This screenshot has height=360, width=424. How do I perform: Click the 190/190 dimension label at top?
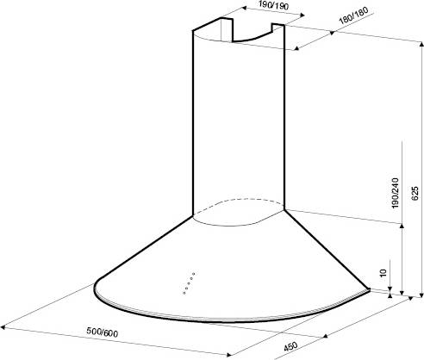click(x=273, y=5)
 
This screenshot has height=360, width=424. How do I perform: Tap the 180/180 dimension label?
click(x=353, y=16)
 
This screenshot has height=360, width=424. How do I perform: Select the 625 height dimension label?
click(x=415, y=193)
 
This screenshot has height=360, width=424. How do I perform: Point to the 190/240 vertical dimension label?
click(x=396, y=193)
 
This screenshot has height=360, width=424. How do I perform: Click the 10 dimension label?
click(x=383, y=272)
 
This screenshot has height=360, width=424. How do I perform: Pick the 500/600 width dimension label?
click(x=103, y=332)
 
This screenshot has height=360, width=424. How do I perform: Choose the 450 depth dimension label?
click(x=290, y=346)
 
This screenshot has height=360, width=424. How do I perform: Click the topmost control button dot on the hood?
click(x=194, y=274)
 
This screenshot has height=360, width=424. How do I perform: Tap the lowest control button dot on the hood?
click(x=184, y=293)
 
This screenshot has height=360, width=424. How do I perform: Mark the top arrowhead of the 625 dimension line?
click(x=421, y=44)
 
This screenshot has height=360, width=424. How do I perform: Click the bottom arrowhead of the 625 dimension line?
click(x=421, y=295)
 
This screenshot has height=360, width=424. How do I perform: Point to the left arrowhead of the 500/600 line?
click(x=3, y=326)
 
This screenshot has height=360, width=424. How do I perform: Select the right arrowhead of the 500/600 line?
click(x=228, y=355)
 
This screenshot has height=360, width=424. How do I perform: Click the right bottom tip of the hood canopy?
click(x=369, y=289)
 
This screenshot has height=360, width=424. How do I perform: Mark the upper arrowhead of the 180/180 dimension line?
click(x=332, y=34)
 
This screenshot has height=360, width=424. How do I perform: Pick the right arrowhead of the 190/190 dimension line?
click(x=302, y=16)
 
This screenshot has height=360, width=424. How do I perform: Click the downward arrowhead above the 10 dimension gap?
click(x=390, y=289)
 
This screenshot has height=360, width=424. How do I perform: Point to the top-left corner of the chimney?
click(x=193, y=30)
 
